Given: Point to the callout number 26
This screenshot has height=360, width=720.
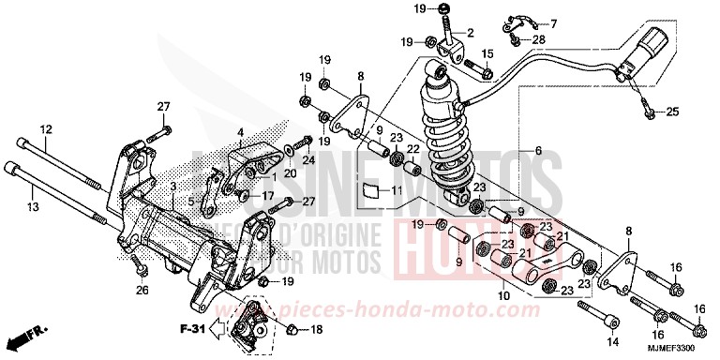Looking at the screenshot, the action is (x=142, y=291).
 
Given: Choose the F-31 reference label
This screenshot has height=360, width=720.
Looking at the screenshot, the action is (x=191, y=329).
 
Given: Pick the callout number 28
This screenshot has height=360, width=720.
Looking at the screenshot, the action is (x=538, y=38).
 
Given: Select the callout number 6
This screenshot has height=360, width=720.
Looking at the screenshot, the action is (x=537, y=151).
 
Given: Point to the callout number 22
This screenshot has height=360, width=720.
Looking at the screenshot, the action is (x=412, y=149).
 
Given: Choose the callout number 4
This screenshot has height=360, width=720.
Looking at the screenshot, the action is (x=240, y=131).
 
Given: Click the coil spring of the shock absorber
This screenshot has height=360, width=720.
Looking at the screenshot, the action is (x=448, y=141).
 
